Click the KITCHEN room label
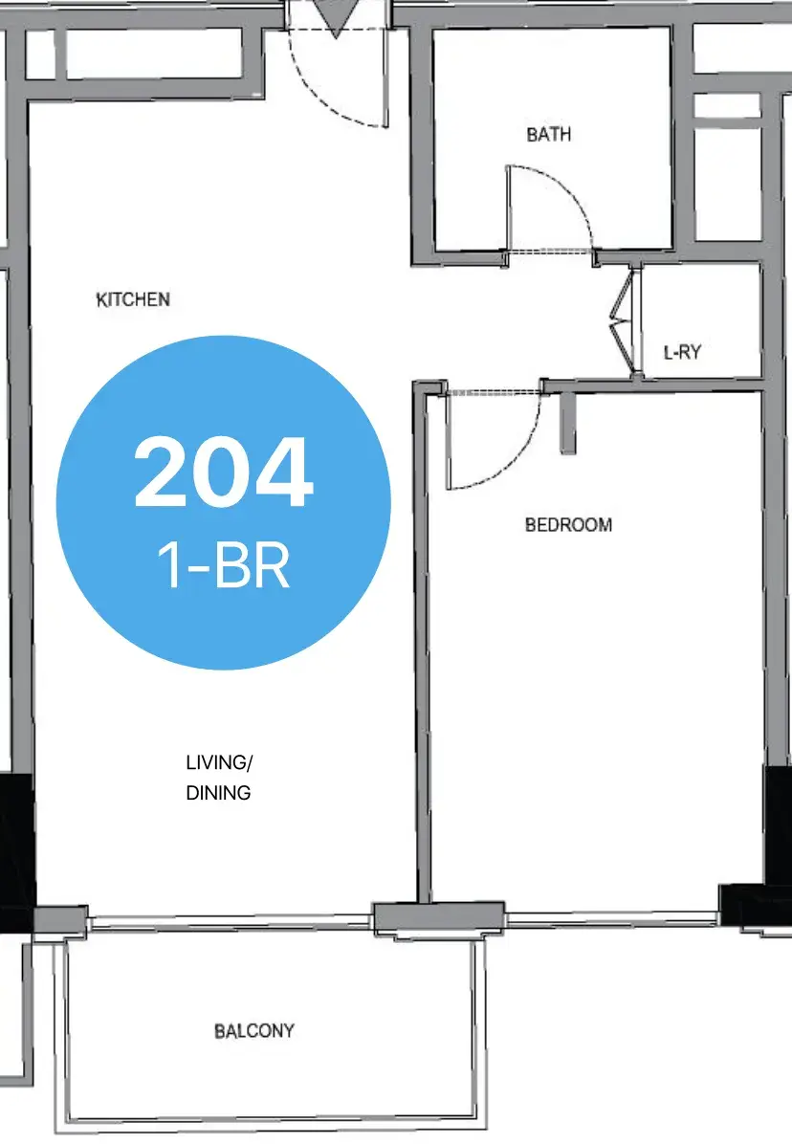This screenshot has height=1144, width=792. [x=133, y=299]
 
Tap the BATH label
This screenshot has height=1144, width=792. [x=548, y=134]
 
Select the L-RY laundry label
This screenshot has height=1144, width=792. [x=682, y=352]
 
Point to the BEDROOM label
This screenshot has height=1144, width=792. [x=568, y=524]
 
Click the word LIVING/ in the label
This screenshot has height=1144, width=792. [x=219, y=763]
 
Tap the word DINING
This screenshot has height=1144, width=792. [x=218, y=792]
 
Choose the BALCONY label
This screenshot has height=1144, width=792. [x=253, y=1031]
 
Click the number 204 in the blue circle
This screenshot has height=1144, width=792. [x=223, y=473]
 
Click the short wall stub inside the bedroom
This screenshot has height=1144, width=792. [x=567, y=423]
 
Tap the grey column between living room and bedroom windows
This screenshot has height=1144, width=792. [x=438, y=919]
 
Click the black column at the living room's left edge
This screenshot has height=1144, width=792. [x=16, y=852]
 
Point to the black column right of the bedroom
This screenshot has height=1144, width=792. [x=778, y=825]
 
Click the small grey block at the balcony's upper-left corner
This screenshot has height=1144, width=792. [x=60, y=921]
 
